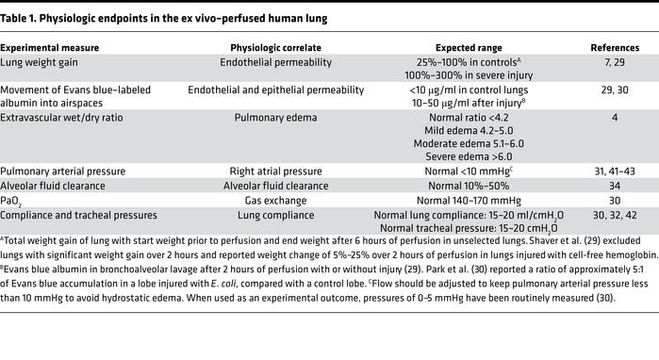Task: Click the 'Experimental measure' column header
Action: pos(50,46)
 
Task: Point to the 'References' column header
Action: pos(615,46)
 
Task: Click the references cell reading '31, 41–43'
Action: pos(615,171)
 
